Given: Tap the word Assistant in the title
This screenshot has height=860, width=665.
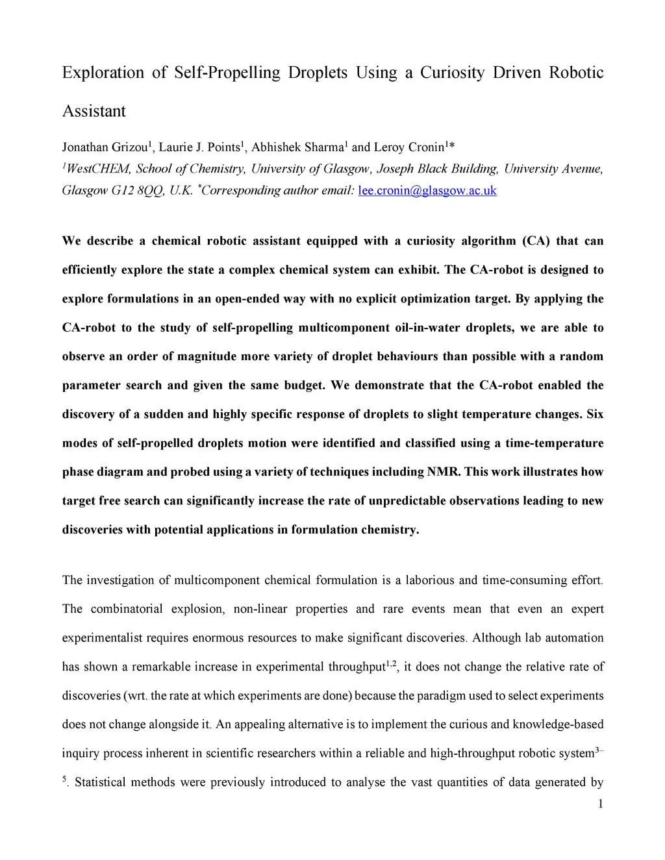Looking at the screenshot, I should pos(94,111).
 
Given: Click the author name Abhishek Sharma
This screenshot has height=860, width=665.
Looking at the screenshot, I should pos(297,147).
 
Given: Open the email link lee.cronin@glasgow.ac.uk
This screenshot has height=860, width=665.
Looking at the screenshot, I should pos(427,191).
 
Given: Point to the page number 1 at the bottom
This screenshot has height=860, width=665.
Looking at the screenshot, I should pos(601,804).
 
